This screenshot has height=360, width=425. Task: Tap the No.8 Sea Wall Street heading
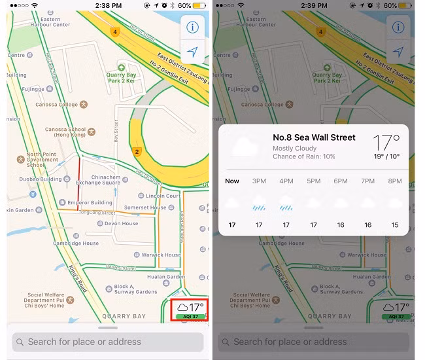click(x=314, y=137)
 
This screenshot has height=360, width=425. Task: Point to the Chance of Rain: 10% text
click(x=303, y=157)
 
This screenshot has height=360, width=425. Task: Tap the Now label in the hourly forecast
click(x=232, y=181)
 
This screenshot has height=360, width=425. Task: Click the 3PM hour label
click(x=260, y=181)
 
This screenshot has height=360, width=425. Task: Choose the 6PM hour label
click(x=341, y=181)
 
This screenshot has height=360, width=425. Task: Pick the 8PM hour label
click(x=394, y=181)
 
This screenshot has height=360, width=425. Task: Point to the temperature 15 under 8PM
click(x=395, y=225)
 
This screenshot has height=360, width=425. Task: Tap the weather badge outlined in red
click(x=189, y=309)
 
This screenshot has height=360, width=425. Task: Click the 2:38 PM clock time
click(x=108, y=5)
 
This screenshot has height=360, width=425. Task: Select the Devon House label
click(x=121, y=224)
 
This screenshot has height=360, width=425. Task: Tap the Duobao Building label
click(x=40, y=179)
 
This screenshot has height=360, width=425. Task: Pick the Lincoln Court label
click(x=163, y=196)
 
